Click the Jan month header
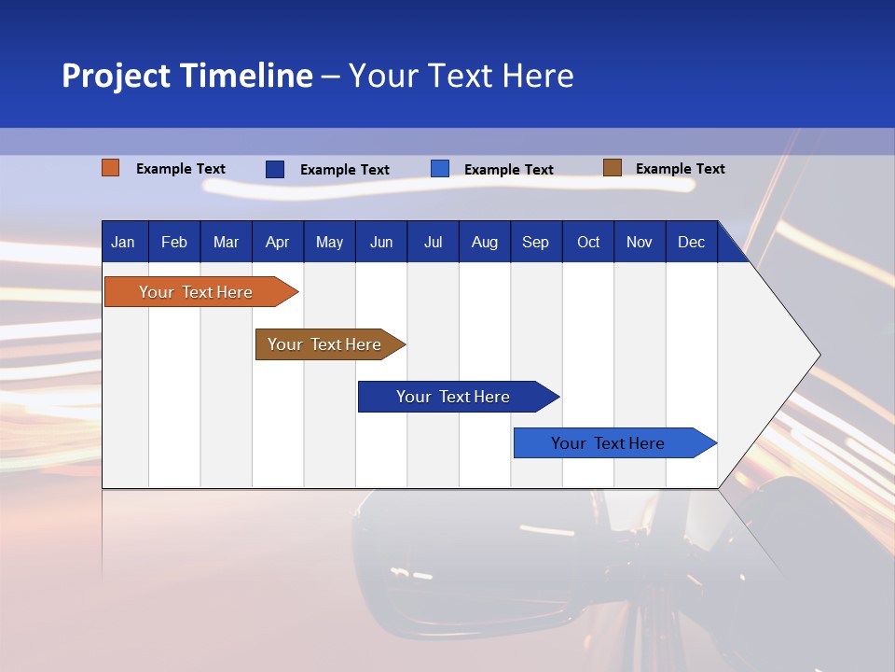click(123, 242)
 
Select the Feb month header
click(174, 242)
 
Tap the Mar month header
click(226, 242)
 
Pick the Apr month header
click(277, 242)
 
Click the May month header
click(329, 242)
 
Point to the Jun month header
click(381, 242)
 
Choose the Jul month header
click(433, 242)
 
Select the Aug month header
click(484, 242)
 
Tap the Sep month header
click(535, 242)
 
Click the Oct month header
click(588, 242)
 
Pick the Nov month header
click(640, 242)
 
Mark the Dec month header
click(691, 242)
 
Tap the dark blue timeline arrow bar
click(454, 397)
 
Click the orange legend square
click(111, 168)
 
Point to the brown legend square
click(612, 168)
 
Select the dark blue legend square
click(275, 169)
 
